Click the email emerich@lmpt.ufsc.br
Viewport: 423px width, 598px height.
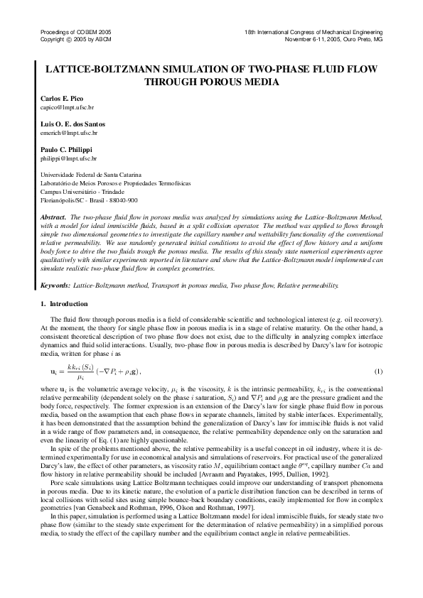click(x=65, y=133)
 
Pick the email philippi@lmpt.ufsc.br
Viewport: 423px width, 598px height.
click(x=65, y=158)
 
